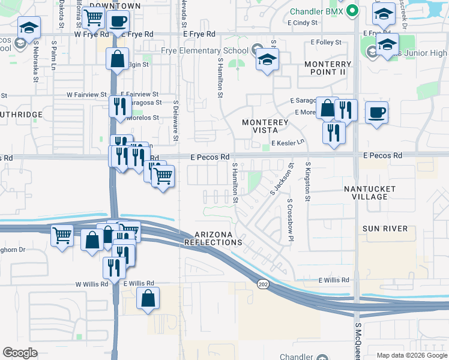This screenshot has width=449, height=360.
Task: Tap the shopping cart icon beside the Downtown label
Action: coord(94,18)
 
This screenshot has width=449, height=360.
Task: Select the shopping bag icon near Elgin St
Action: coord(117,59)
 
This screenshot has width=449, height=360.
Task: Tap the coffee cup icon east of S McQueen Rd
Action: coord(376,112)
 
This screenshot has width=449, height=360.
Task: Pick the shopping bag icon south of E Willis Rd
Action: coord(148,298)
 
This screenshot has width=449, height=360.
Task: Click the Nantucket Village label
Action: coord(366,193)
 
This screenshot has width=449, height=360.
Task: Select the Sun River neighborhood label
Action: coord(385,229)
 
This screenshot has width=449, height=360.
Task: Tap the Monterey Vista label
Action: coord(265,126)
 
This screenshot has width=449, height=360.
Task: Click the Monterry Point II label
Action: coord(328,68)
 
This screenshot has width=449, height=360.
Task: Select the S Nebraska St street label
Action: coord(36,61)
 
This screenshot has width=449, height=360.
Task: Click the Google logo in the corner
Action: coord(20,353)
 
